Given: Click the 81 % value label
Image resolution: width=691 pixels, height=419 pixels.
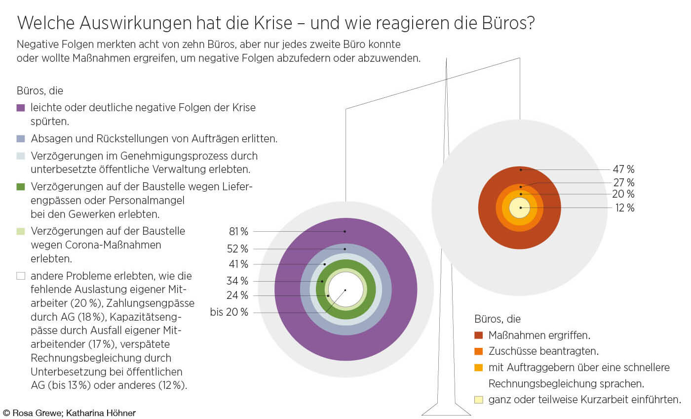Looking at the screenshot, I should point(238,231).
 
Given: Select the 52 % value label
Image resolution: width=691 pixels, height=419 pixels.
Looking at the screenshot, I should point(238,249).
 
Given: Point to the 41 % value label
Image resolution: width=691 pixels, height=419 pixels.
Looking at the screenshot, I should point(238,264).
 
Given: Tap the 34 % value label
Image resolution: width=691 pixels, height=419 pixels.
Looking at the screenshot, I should point(238,281).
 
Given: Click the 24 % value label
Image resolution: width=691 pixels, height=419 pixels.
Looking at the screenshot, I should point(238,295).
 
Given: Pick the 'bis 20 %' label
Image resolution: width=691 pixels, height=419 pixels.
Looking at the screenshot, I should point(229,312).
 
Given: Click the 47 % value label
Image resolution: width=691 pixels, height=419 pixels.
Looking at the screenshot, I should point(623,170).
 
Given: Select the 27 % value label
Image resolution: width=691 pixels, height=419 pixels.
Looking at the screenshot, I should point(623,182).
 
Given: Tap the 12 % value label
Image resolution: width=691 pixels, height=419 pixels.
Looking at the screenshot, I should point(623,208).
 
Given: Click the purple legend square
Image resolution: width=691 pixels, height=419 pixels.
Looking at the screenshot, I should point(21,108).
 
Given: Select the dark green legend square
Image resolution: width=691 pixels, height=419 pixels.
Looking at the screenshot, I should point(21,187).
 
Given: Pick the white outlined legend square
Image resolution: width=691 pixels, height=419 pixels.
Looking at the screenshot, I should point(21,276).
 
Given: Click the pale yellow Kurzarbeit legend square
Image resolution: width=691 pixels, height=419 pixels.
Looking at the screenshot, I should point(478,400).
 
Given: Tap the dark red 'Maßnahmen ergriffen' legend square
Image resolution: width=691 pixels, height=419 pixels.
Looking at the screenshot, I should point(478,335).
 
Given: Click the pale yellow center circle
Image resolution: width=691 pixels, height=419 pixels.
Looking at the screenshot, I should point(520,208).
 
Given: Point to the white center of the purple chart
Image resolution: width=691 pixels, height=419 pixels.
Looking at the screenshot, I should point(345,290).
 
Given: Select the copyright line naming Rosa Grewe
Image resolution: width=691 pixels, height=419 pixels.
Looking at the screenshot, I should point(69,413).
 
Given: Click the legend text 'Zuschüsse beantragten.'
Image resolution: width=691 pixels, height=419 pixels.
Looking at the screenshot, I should point(543,351).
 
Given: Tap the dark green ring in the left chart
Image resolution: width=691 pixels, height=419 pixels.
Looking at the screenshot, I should point(345,265).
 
